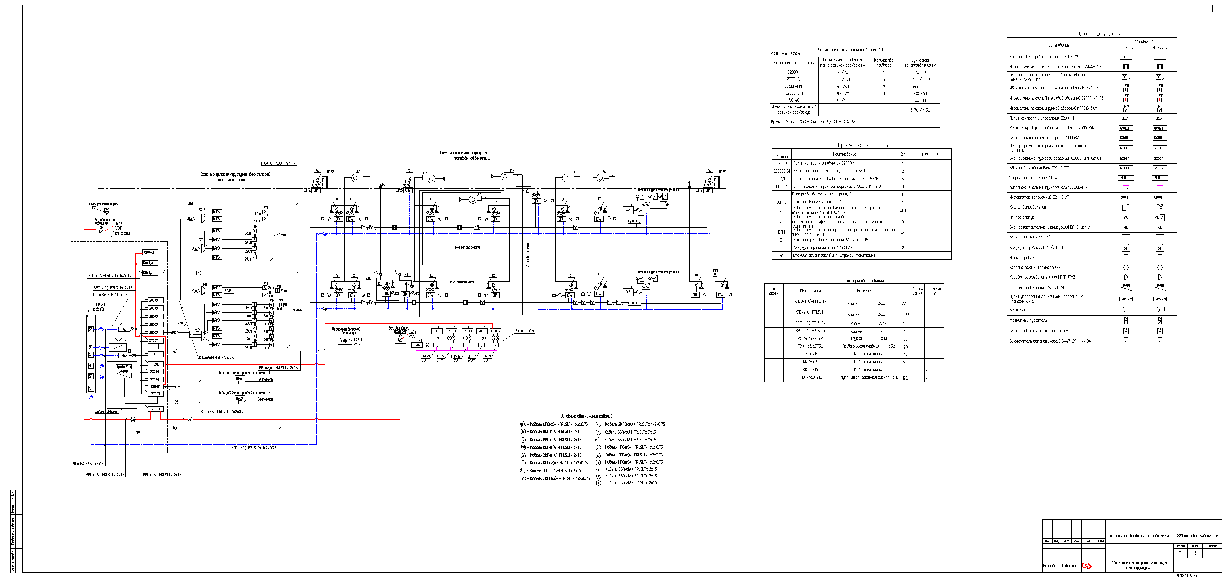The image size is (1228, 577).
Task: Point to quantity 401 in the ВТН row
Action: point(902,210)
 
